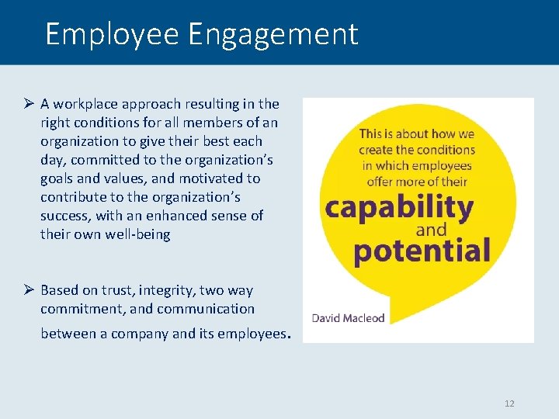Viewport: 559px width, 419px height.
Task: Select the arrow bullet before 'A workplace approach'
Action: [27, 104]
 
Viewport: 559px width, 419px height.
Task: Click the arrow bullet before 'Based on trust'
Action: [27, 290]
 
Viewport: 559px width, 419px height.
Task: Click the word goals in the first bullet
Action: [57, 178]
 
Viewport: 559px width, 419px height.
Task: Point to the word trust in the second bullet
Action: [112, 290]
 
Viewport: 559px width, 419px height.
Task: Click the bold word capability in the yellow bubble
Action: [399, 208]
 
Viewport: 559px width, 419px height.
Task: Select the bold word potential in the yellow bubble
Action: [422, 250]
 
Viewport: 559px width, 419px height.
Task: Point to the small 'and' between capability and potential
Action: [432, 230]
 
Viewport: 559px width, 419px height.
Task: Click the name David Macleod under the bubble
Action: [349, 317]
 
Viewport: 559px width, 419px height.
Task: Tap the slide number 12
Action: [509, 403]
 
